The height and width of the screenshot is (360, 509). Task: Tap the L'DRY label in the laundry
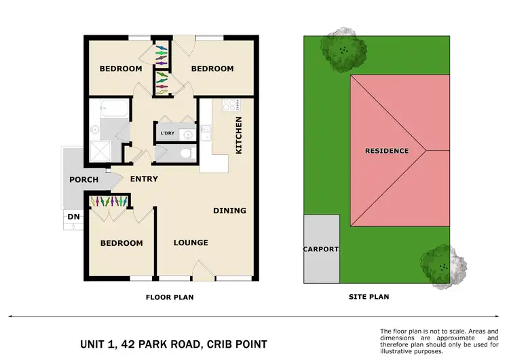167,134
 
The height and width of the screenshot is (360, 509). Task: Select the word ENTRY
143,179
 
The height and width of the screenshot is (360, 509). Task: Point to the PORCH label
83,180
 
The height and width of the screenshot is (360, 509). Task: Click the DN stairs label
73,217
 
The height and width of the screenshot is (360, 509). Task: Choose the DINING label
229,211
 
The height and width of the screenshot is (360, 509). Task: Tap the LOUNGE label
190,242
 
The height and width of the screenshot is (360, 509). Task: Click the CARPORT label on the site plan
320,249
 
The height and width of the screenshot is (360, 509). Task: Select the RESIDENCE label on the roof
387,151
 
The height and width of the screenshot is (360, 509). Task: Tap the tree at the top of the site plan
345,48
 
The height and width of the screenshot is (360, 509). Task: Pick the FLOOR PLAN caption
170,297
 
